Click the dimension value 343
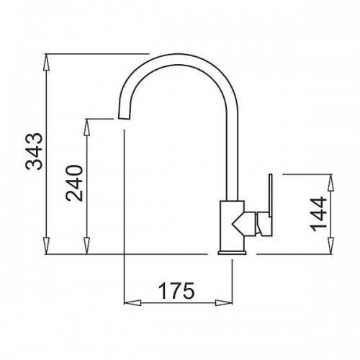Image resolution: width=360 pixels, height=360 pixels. click(35, 151)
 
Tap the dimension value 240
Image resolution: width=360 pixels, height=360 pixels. click(74, 183)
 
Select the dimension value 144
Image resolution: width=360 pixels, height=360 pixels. click(318, 214)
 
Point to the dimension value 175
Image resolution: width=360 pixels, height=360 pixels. click(176, 290)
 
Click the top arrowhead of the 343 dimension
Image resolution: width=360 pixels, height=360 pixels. click(46, 62)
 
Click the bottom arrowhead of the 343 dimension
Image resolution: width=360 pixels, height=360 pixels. click(46, 246)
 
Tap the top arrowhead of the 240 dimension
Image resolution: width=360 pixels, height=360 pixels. click(87, 127)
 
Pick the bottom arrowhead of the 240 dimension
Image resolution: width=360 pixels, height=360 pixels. click(87, 246)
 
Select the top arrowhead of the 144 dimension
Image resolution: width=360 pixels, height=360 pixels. click(331, 183)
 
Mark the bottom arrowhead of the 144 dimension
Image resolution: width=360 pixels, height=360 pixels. click(331, 246)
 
